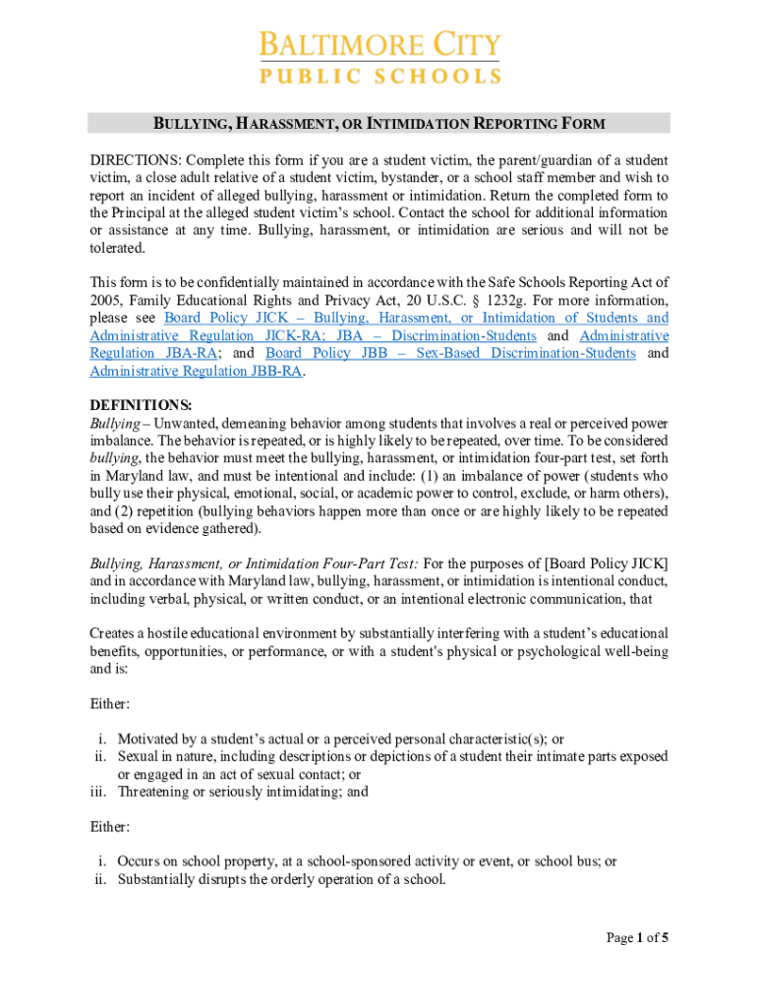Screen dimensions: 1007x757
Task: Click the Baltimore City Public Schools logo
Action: [379, 57]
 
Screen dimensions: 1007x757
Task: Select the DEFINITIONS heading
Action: [141, 405]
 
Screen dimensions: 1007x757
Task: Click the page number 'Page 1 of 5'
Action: [637, 937]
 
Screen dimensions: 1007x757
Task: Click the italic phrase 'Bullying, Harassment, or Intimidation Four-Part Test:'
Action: [255, 563]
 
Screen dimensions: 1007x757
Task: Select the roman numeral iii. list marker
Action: [99, 791]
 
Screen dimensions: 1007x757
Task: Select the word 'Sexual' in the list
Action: [140, 756]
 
